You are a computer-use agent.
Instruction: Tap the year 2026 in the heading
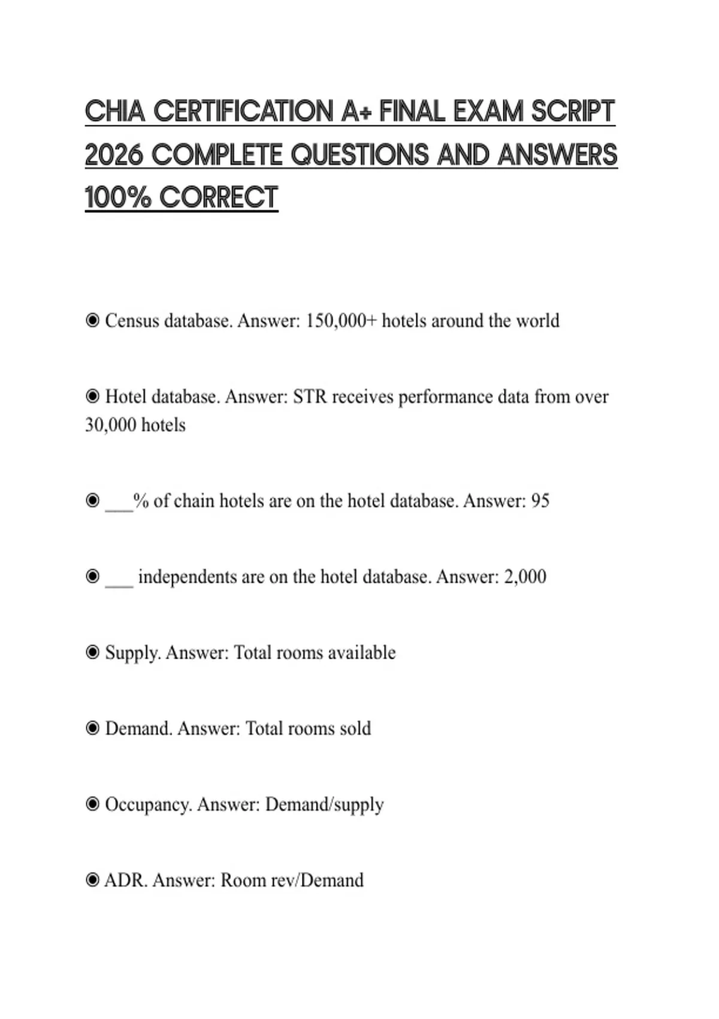(x=114, y=155)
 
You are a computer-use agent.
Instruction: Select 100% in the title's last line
(x=118, y=198)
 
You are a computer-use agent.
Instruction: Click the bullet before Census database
(x=92, y=321)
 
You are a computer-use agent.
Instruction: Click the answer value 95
(x=540, y=501)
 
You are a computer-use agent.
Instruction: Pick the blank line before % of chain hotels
(x=119, y=504)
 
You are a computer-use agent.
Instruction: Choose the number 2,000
(x=525, y=577)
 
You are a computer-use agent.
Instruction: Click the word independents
(x=187, y=577)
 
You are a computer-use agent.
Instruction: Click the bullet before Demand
(x=92, y=728)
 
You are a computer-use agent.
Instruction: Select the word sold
(x=355, y=728)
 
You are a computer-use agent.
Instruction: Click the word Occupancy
(x=149, y=804)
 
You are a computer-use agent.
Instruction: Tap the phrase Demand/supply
(x=324, y=804)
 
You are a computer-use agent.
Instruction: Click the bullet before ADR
(x=92, y=880)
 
